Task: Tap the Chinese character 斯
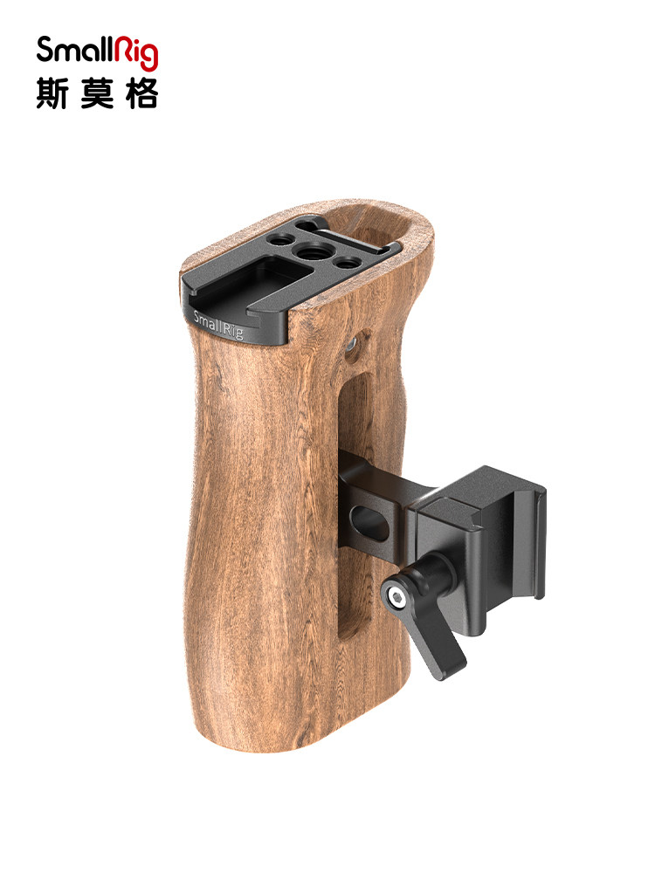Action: click(x=52, y=93)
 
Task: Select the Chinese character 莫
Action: click(x=97, y=93)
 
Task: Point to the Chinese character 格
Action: click(x=142, y=93)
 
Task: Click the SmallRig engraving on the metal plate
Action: click(x=218, y=325)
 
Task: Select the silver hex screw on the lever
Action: click(x=396, y=599)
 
